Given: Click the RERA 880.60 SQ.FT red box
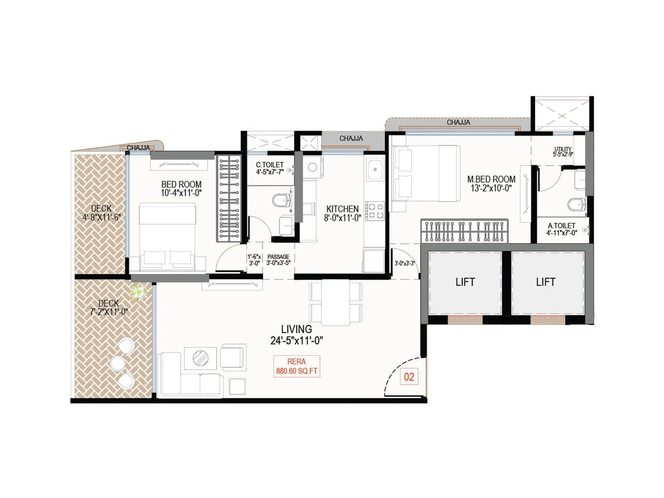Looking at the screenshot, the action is (x=296, y=366).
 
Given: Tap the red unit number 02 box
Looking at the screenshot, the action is (x=409, y=377).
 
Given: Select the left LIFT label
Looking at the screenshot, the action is (x=465, y=282).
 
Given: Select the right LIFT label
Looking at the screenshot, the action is (x=545, y=282).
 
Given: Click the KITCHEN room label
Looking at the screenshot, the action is (x=342, y=209).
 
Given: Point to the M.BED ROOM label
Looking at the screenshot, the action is (x=491, y=179).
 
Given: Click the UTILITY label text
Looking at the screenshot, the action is (x=563, y=149).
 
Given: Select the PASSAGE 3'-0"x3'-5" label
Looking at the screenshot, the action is (x=278, y=259).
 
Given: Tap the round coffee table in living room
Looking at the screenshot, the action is (x=201, y=358).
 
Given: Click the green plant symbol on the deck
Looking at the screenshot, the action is (x=138, y=292).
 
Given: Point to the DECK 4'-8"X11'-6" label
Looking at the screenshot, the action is (x=101, y=212).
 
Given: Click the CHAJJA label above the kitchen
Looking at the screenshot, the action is (x=351, y=139).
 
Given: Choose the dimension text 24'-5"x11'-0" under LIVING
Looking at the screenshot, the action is (x=296, y=341).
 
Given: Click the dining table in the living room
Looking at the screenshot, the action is (x=335, y=303).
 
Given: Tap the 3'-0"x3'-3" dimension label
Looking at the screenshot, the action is (x=405, y=263).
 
